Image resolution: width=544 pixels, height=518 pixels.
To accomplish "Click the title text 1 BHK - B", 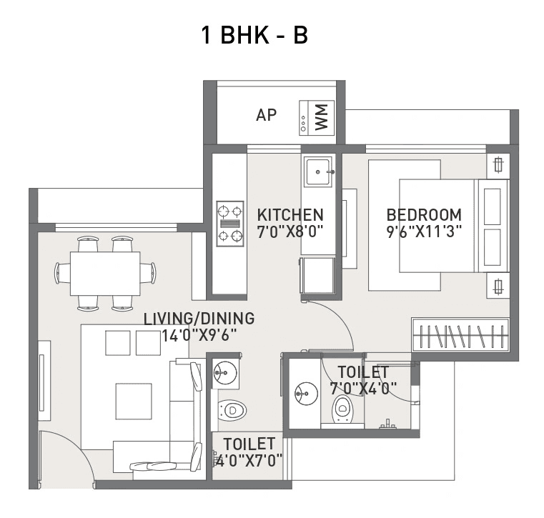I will pyautogui.click(x=255, y=35).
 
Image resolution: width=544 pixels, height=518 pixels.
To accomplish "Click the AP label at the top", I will pyautogui.click(x=266, y=115).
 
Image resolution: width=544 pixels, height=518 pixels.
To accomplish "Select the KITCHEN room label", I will pyautogui.click(x=290, y=214).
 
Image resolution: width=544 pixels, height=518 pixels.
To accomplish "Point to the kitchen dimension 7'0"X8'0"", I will pyautogui.click(x=290, y=231).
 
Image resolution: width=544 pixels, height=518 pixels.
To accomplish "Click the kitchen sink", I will pyautogui.click(x=317, y=172).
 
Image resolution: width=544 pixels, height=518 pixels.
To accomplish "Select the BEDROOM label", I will pyautogui.click(x=423, y=214).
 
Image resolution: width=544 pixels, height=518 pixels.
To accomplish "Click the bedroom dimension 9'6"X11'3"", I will pyautogui.click(x=423, y=231).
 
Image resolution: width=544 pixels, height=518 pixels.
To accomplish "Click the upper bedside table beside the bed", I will pyautogui.click(x=498, y=166).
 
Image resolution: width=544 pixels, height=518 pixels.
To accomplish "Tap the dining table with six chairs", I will pyautogui.click(x=105, y=273).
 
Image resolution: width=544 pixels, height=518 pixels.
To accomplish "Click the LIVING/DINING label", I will pyautogui.click(x=199, y=319).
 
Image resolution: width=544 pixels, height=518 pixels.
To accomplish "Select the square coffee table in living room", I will pyautogui.click(x=134, y=402).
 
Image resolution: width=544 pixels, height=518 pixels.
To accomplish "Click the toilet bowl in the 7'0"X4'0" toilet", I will pyautogui.click(x=342, y=409).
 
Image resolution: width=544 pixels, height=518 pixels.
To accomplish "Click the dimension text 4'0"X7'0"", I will pyautogui.click(x=249, y=461).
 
